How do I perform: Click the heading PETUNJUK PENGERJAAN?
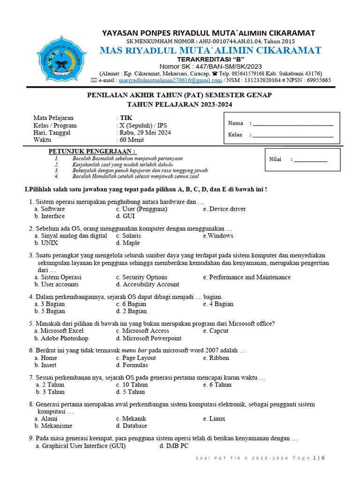tap(92, 151)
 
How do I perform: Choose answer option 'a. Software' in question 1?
tap(49, 209)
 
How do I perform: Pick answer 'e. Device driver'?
tap(224, 209)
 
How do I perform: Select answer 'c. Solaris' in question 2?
tap(128, 236)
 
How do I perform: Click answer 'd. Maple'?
tap(127, 243)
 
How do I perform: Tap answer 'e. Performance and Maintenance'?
tap(247, 277)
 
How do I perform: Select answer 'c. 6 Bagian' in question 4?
tap(131, 304)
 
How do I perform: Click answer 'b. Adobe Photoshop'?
tap(61, 338)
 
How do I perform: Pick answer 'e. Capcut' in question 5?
tap(216, 330)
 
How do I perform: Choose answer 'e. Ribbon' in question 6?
tap(216, 358)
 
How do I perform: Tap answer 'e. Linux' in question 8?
tap(214, 419)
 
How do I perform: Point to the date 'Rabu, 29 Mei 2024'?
tap(145, 133)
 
